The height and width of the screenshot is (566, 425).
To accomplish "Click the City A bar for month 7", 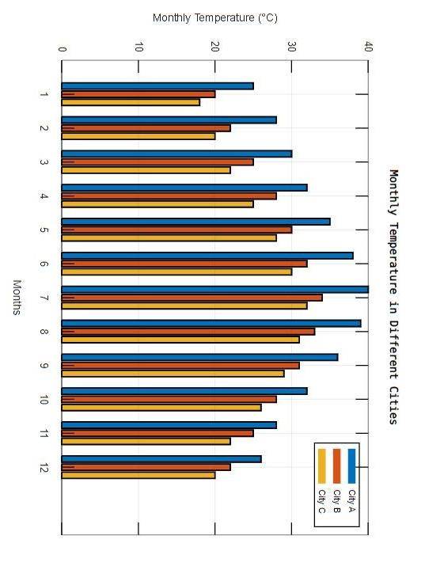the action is pos(215,290).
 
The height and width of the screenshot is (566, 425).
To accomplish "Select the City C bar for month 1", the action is pos(131,103).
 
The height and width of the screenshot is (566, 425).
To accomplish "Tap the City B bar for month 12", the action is pos(146,467).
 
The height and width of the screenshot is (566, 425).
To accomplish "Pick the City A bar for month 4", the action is pos(184,188).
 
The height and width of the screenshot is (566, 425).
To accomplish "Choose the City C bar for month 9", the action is pos(173,374).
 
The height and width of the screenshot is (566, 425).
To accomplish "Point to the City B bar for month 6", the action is pos(184,264).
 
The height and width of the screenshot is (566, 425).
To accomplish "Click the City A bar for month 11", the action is pos(169,425).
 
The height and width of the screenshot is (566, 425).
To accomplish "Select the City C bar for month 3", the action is pos(146,170).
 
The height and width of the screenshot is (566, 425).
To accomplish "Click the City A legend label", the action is pos(351,500).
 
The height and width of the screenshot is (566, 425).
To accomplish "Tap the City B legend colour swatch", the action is pos(336,466).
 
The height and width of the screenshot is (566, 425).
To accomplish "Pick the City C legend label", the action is pos(321,501).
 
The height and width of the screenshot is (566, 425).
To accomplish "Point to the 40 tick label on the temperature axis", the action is pos(368,47).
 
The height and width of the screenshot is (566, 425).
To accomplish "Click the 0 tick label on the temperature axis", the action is pos(62,49).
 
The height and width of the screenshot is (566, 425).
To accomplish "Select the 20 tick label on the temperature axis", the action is pos(215,47).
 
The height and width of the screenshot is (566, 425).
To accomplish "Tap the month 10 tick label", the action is pos(44,400).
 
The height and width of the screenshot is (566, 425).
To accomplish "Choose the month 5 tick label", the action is pos(44,230).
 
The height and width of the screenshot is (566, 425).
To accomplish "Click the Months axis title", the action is pos(17,298).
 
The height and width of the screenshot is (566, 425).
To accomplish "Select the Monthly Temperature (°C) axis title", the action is pos(215,17).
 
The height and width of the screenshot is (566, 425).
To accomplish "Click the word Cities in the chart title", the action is pos(393,405).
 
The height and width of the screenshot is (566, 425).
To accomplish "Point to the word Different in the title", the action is pos(393,349).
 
